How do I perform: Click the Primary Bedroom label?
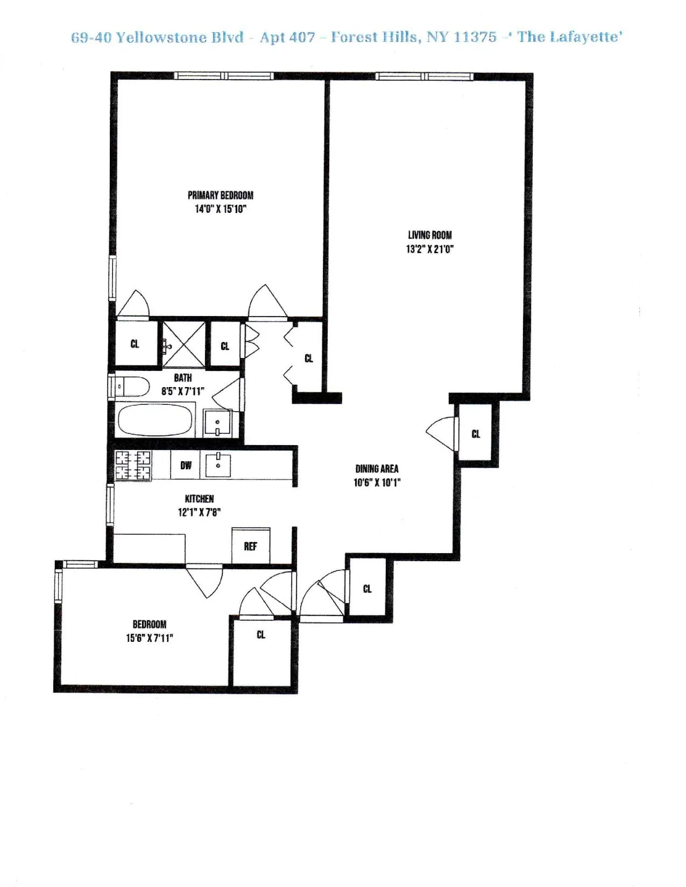point(220,195)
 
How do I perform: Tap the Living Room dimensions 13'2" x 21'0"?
point(429,249)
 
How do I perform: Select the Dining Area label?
point(377,469)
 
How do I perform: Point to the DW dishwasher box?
point(186,466)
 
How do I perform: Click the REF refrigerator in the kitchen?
point(251,546)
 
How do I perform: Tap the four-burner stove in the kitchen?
point(133,466)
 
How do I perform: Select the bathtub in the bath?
point(155,420)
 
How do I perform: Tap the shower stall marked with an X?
point(183,344)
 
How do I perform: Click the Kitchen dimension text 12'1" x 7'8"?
point(199,512)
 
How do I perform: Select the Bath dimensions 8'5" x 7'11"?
point(182,391)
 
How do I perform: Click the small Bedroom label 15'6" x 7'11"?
point(149,631)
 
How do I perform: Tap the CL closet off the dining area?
point(476,434)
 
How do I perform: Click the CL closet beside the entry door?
point(367,589)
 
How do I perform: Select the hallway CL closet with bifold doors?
point(308,359)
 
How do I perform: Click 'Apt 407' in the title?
point(287,37)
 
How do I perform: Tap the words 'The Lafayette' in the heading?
point(570,37)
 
